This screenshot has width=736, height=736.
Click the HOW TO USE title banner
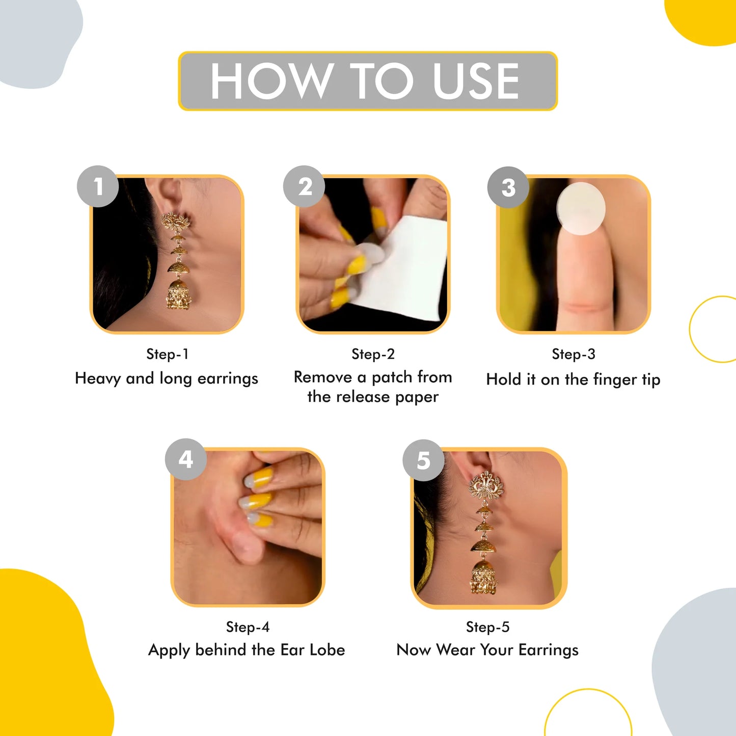point(367,81)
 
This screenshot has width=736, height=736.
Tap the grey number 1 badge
point(98,186)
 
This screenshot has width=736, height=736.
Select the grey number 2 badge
point(304,186)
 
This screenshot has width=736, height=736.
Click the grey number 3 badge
point(508,187)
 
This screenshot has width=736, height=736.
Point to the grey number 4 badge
point(185,459)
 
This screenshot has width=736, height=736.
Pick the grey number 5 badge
point(423,460)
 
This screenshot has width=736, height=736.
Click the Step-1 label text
point(167,354)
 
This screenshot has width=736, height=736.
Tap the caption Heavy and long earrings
point(167,378)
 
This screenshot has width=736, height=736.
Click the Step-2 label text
point(373,354)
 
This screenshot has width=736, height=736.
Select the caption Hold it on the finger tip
point(573,379)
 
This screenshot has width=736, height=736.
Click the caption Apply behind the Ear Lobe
point(247,650)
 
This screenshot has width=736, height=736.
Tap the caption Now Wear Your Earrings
point(487,650)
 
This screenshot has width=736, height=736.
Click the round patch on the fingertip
point(581,208)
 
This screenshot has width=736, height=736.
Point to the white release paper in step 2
point(402,270)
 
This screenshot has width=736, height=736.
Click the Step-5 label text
point(487,627)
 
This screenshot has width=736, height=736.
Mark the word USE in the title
point(476,81)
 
